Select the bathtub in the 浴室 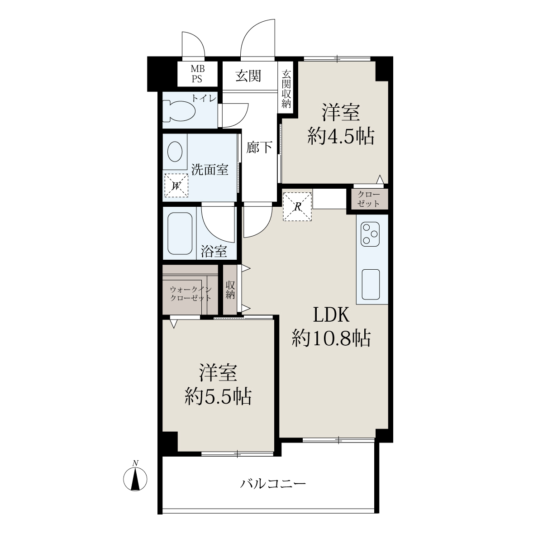180,233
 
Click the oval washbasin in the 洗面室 175,151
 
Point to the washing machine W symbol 176,186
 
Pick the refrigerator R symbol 297,206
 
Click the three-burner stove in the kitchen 370,234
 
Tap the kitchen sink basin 371,285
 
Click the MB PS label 197,74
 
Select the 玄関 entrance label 248,76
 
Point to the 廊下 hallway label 259,147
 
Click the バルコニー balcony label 273,484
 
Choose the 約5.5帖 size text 218,397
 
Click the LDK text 331,315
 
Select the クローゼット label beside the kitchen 369,199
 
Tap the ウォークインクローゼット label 191,294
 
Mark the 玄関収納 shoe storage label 286,89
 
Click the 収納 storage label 230,290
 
